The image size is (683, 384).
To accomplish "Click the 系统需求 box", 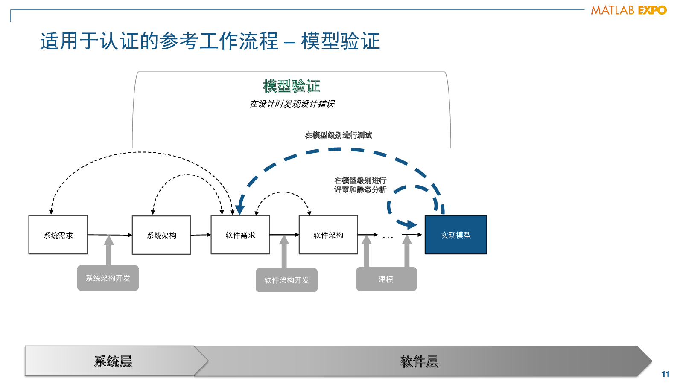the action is [x=58, y=235].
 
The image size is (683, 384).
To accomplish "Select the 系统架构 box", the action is [x=161, y=235].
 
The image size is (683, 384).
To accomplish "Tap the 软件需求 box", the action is [x=240, y=235].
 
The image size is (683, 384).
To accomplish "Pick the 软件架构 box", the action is [x=328, y=235].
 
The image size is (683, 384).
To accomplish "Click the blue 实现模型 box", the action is [x=456, y=235].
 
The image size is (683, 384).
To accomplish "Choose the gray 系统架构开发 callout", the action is [x=108, y=278].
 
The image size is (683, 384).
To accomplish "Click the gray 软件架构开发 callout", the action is [x=286, y=280].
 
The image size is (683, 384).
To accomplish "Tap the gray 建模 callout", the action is [x=386, y=279].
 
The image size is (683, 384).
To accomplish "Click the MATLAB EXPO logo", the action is [x=629, y=10].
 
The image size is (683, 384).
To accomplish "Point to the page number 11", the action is [x=665, y=374].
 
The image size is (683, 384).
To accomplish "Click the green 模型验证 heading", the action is [x=292, y=86].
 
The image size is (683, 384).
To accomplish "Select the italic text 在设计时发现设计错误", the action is [x=292, y=104].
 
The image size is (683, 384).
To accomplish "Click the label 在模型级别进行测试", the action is [x=339, y=135].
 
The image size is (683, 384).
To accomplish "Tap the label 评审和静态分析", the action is [x=360, y=189].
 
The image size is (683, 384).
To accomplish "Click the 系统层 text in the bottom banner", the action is [x=113, y=361].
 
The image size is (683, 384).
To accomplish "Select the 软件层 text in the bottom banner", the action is [x=419, y=362].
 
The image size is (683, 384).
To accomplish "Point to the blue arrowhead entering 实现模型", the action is [x=410, y=225].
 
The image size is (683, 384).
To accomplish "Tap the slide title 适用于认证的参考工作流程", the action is [x=159, y=41].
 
